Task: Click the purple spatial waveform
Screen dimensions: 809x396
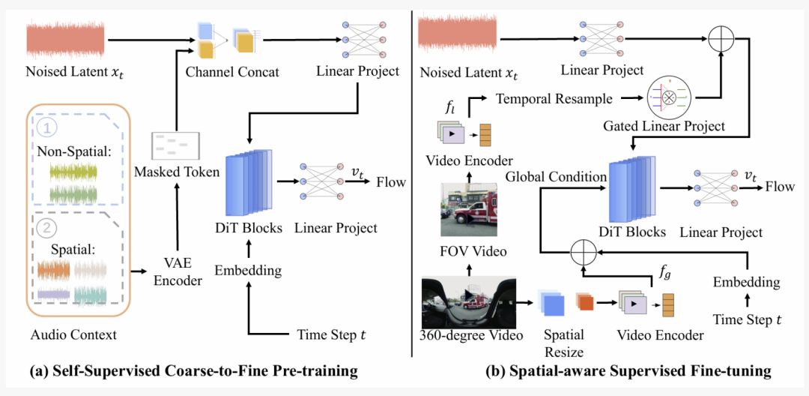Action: tap(53, 293)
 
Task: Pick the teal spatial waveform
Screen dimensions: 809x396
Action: tap(90, 295)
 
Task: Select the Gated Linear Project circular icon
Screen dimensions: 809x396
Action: tap(670, 97)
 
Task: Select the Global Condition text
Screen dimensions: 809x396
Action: tap(556, 176)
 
